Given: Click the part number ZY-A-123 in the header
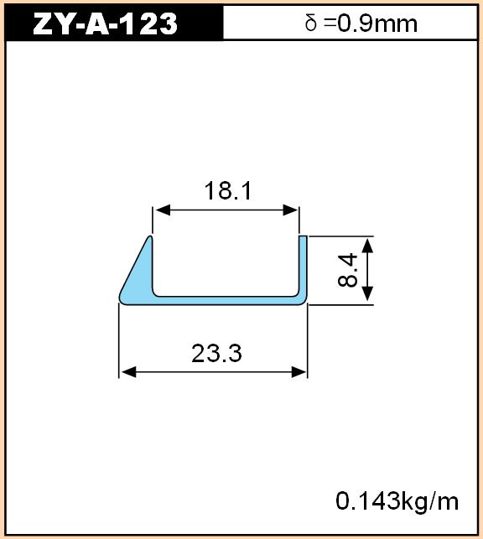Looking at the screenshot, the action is click(105, 23).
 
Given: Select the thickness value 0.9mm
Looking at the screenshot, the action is click(377, 23).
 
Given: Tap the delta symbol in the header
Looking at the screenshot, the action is click(310, 23).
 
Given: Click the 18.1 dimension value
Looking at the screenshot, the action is click(227, 190).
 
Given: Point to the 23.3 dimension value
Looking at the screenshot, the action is click(216, 354).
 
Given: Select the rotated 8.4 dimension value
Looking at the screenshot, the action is click(347, 270).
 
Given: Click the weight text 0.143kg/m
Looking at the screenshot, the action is click(397, 501).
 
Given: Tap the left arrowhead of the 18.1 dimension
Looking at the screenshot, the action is click(162, 210).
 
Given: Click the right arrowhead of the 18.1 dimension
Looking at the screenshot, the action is click(290, 210).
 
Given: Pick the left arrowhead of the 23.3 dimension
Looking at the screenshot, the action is click(128, 372).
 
